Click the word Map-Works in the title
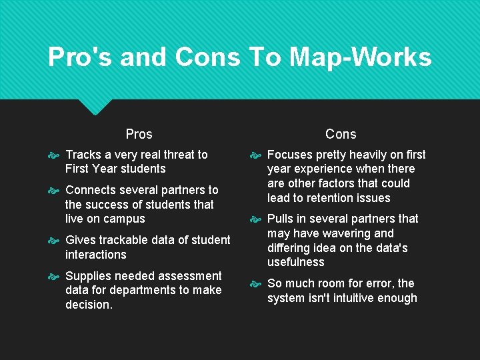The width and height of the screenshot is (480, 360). [x=367, y=57]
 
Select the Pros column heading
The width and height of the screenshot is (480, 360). [x=139, y=134]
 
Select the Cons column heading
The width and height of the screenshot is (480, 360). [x=341, y=134]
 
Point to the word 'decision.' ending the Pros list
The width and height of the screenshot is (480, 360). [x=89, y=305]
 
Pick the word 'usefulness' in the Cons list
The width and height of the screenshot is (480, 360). [x=296, y=262]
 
